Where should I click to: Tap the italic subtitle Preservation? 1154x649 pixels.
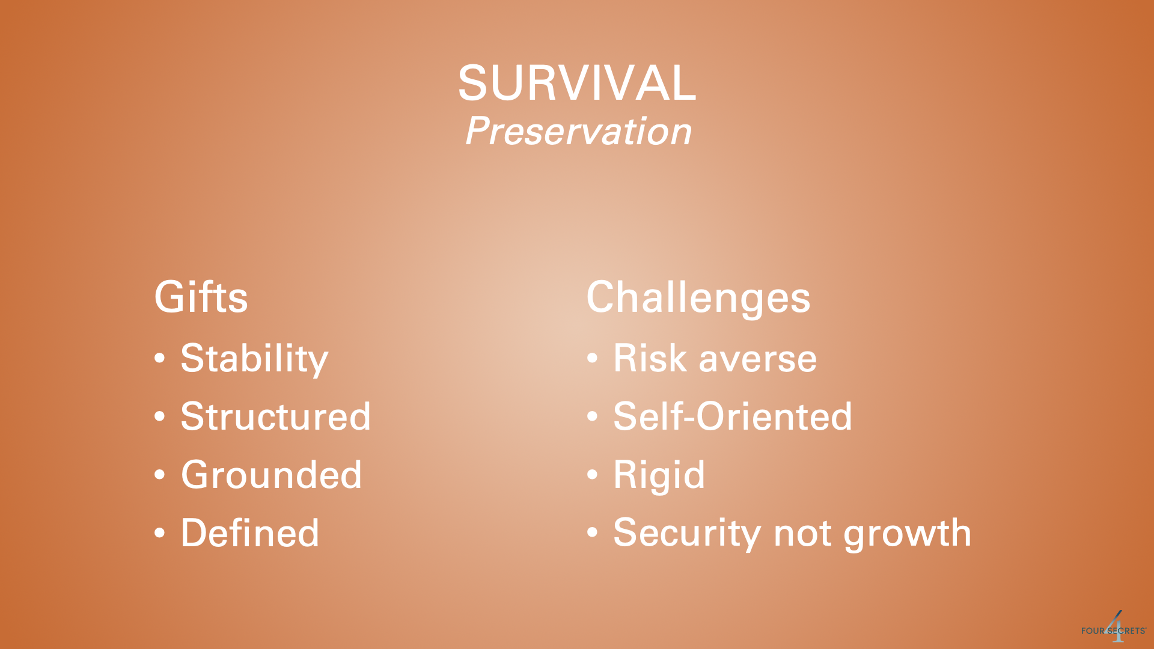click(x=578, y=131)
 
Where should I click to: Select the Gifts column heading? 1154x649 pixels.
click(x=201, y=297)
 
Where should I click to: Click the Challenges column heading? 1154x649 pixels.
click(x=698, y=298)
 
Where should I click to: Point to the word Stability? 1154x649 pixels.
click(x=254, y=359)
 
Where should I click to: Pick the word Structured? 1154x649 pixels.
click(x=276, y=416)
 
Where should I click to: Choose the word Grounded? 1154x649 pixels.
click(x=272, y=475)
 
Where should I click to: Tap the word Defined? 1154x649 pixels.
click(x=250, y=533)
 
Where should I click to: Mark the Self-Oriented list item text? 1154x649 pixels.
click(x=733, y=416)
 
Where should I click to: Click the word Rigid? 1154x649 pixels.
click(x=659, y=476)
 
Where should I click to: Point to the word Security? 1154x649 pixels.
click(x=687, y=534)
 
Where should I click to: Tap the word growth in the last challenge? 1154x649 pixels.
click(x=908, y=534)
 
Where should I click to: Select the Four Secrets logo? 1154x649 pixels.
click(x=1114, y=628)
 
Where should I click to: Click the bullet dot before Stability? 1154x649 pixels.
click(x=160, y=359)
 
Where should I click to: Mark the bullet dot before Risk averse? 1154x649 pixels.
click(x=593, y=359)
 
